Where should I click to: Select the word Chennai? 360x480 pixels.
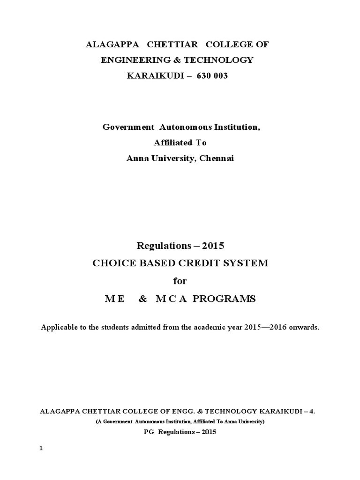click(x=217, y=158)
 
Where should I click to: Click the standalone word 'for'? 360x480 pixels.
click(x=180, y=281)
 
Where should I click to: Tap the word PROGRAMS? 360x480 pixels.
click(x=229, y=299)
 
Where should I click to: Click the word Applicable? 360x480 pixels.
click(x=59, y=328)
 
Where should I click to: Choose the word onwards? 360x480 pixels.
click(x=305, y=328)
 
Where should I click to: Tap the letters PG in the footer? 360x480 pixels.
click(x=148, y=432)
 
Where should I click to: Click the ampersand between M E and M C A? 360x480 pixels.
click(x=143, y=299)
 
